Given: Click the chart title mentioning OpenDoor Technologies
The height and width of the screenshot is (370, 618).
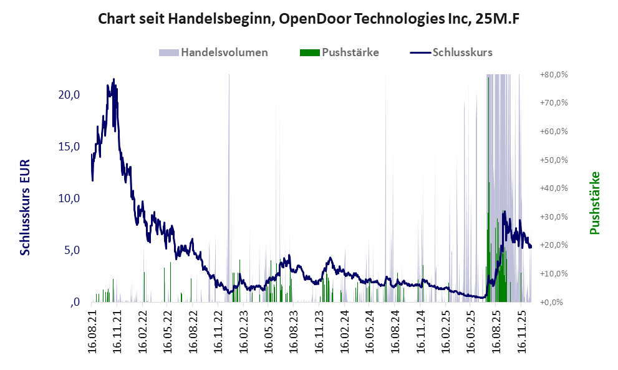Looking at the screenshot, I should tap(309, 19).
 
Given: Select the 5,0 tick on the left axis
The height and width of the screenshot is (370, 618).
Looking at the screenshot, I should tap(70, 250).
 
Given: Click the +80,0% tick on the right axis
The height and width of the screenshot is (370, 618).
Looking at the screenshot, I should tap(554, 75).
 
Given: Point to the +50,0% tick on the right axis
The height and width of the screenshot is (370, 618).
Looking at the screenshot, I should tap(554, 160).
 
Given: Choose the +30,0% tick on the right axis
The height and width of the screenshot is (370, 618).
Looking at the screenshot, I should tap(554, 217).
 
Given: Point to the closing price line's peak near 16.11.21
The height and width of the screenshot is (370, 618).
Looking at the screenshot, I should tap(113, 79).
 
